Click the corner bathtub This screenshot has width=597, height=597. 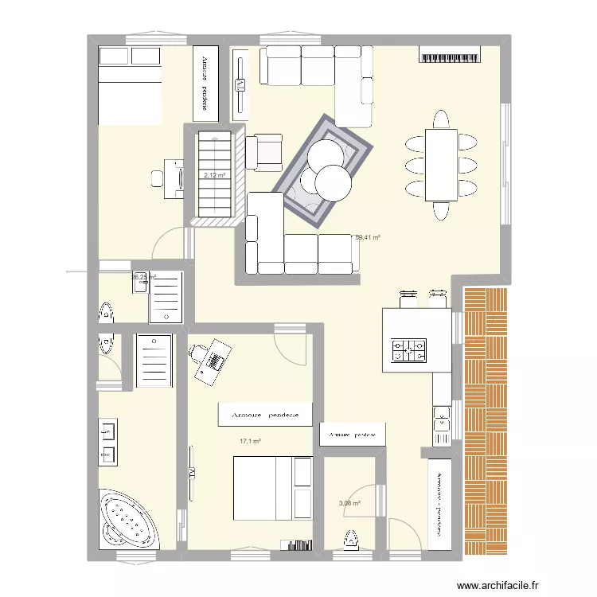[129, 519]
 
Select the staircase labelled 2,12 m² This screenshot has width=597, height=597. [214, 175]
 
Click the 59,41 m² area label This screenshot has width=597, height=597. [367, 237]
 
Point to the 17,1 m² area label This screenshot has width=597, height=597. [251, 441]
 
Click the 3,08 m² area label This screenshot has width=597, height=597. [349, 503]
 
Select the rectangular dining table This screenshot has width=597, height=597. [441, 165]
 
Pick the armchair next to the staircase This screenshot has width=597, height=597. [265, 151]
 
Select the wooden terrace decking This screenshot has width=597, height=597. [486, 421]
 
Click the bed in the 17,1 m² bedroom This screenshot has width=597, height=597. [271, 487]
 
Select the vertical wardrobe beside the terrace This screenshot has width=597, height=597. [439, 503]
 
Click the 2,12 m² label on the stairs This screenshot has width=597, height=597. [214, 176]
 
